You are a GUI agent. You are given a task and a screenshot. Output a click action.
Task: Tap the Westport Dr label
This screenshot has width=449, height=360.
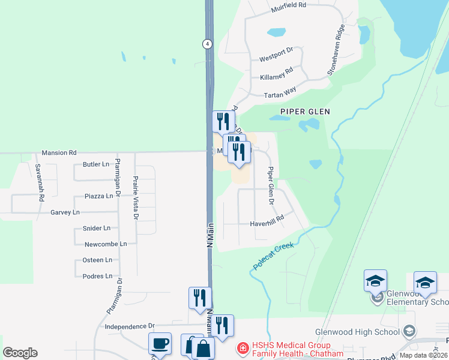coord(275,59)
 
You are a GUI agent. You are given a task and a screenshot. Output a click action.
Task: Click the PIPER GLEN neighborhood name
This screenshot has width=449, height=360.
coord(305,112)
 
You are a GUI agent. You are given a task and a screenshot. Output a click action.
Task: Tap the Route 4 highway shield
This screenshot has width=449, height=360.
coord(207,44)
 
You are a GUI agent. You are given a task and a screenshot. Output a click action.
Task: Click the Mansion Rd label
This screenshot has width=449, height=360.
coord(59,153)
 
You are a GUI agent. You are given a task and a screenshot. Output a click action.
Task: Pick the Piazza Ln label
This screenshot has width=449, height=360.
coord(98,196)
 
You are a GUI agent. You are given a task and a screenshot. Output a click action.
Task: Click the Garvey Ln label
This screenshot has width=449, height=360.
coord(65,212)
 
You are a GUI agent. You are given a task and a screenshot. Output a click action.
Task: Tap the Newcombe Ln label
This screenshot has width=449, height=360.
coord(106,244)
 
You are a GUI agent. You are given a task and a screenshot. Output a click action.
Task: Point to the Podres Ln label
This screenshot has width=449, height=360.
coord(97,276)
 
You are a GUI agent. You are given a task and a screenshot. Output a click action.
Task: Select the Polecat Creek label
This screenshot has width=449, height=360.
coord(273,256)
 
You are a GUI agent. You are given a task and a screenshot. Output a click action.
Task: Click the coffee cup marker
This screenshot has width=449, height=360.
coord(160,343)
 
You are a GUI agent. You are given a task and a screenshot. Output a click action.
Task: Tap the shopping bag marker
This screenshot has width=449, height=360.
coord(203,348)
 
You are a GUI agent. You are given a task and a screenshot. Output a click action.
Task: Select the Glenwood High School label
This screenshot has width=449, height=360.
coord(358,332)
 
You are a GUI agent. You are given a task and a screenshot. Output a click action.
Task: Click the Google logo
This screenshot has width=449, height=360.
coord(20,353)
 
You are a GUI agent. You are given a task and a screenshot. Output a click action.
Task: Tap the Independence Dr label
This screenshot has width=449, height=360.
coord(130,326)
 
